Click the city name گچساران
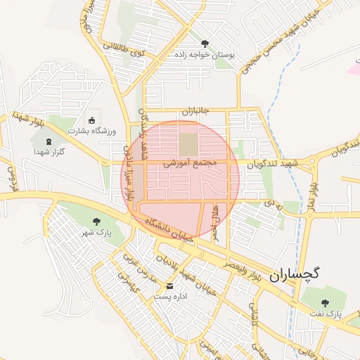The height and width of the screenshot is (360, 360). [x=293, y=274]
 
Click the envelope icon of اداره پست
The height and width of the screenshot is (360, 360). [x=169, y=286]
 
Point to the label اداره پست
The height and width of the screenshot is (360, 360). [x=169, y=297]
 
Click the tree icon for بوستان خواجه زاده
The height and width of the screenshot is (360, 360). [x=205, y=44]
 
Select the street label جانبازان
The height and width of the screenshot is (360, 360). [x=196, y=112]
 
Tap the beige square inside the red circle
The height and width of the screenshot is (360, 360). [x=188, y=144]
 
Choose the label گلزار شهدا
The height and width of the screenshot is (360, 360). [x=49, y=152]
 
